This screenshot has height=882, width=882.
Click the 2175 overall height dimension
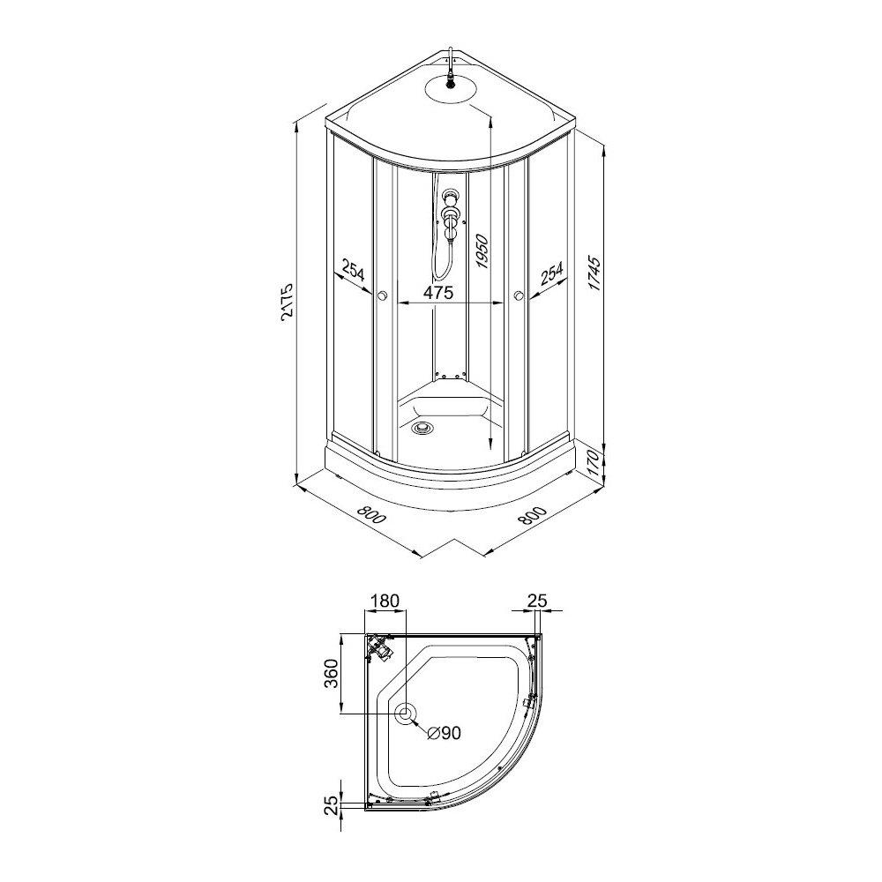(287, 302)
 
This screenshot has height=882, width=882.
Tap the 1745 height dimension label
(595, 274)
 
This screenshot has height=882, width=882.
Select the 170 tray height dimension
(596, 463)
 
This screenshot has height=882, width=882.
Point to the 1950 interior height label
(482, 251)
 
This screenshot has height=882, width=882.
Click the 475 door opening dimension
(438, 293)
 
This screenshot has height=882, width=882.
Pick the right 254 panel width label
(552, 273)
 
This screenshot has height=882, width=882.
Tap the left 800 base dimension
(371, 515)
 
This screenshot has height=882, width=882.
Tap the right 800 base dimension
(532, 515)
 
